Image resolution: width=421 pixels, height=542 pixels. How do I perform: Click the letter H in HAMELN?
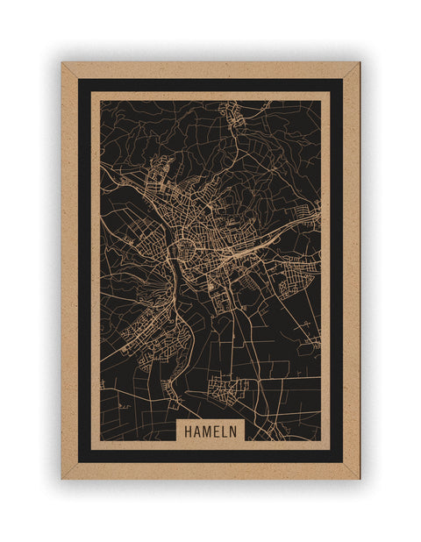tap(188, 431)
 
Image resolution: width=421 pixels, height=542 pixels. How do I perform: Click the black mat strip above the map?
tap(210, 85)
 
